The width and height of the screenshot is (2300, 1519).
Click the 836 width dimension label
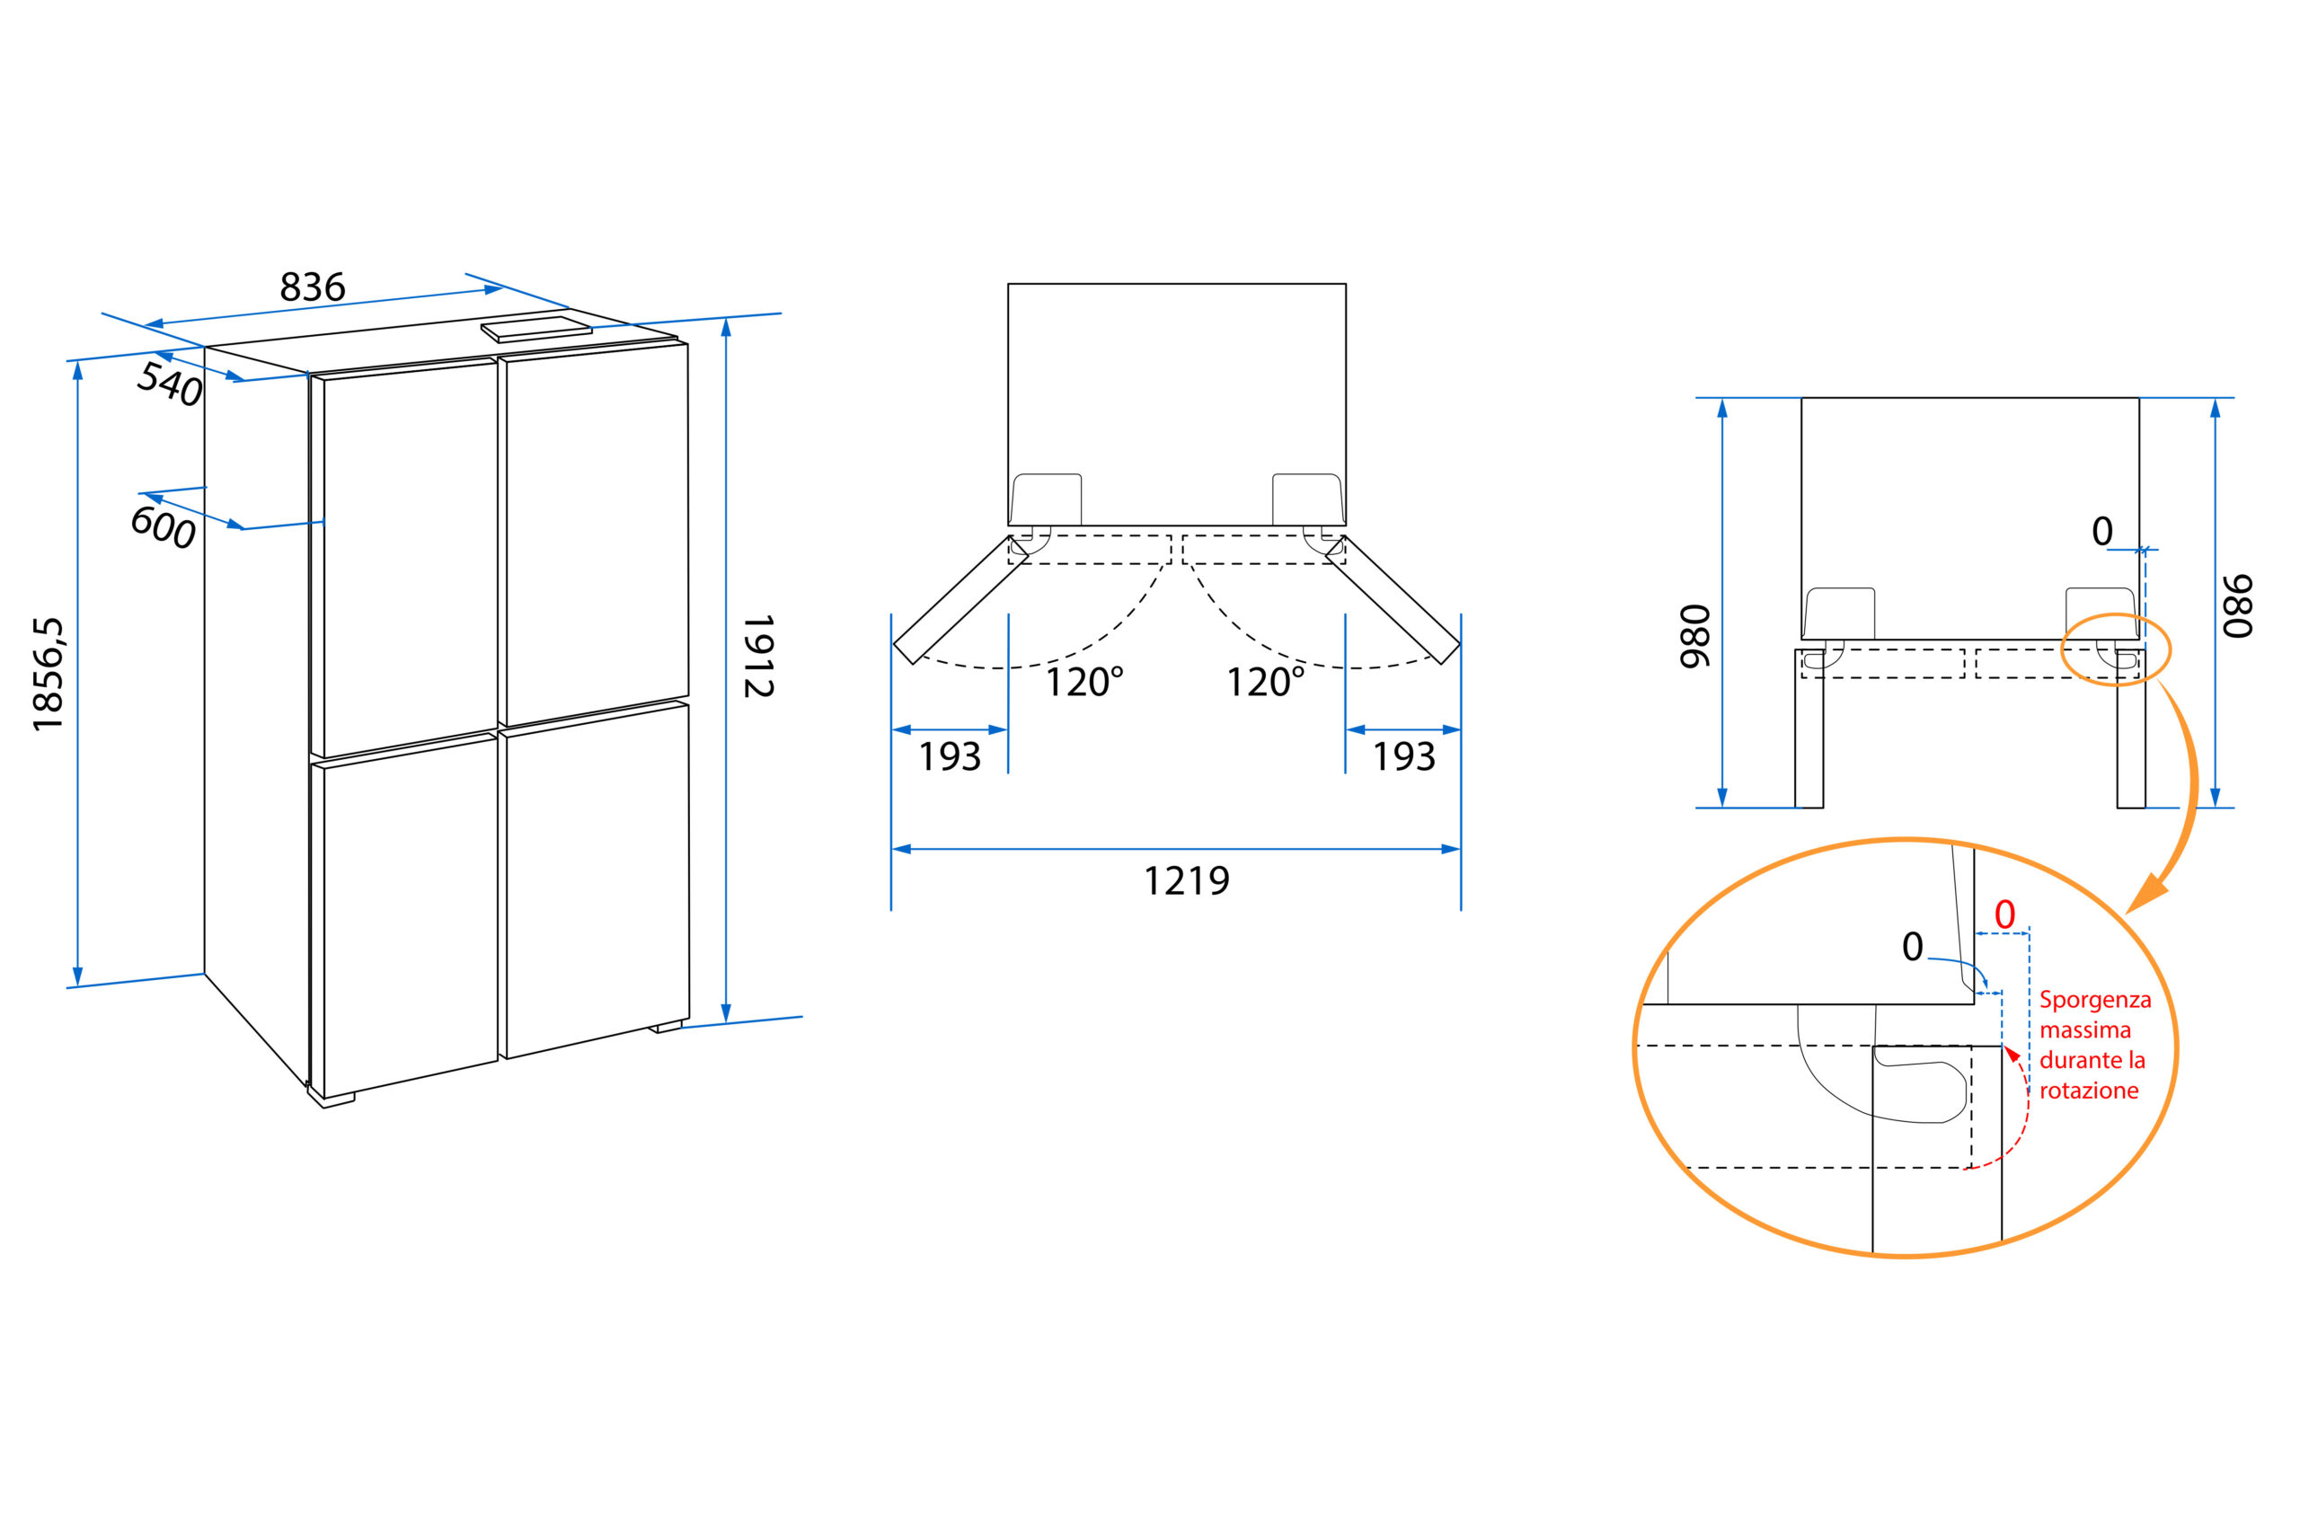point(312,287)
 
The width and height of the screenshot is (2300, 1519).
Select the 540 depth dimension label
point(170,384)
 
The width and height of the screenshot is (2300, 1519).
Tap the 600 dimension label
point(163,528)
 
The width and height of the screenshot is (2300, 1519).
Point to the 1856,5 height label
point(48,675)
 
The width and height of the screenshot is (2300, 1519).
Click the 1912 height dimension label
point(757,656)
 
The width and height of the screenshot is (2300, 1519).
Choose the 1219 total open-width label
point(1187,880)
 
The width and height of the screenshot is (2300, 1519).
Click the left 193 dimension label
point(950,756)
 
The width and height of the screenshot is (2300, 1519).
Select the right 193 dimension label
point(1404,756)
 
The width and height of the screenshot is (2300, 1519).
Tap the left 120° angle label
point(1084,682)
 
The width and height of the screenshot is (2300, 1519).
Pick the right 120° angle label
point(1265,682)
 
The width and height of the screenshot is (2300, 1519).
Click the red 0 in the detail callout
point(2004,914)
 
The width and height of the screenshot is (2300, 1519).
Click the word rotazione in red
point(2089,1091)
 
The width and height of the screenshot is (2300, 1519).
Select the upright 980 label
point(1694,637)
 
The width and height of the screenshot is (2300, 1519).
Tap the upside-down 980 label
point(2238,606)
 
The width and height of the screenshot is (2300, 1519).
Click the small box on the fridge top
point(536,330)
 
